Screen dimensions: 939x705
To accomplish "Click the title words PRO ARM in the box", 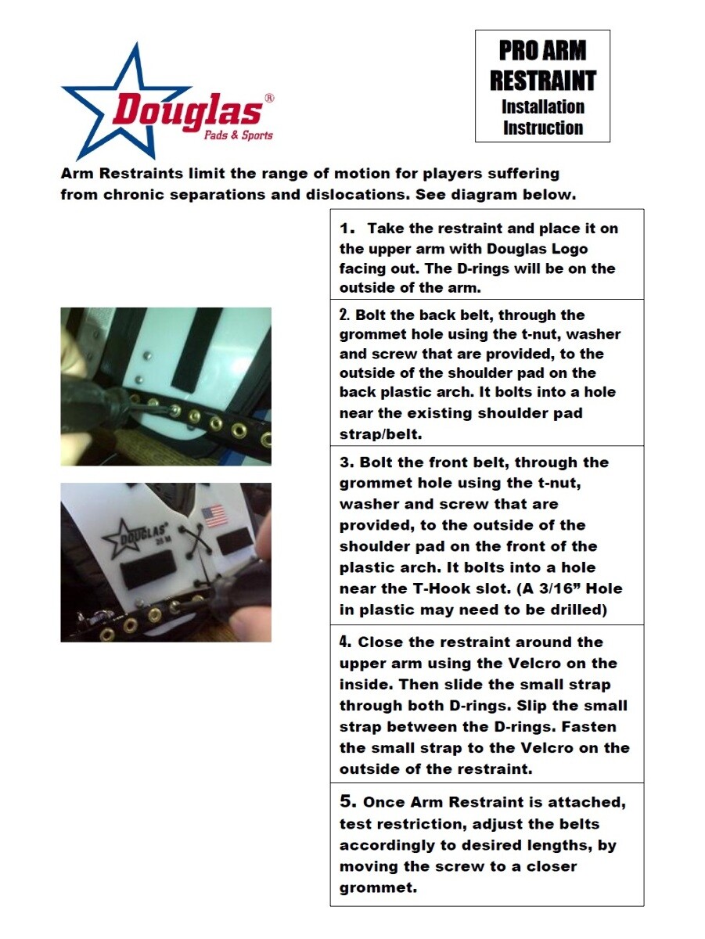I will pos(542,51).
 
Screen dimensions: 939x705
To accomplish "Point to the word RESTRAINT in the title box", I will pos(542,80).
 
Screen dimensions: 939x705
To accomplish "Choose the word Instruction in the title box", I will pos(543,128).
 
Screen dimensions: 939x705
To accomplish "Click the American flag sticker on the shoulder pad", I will pos(214,516).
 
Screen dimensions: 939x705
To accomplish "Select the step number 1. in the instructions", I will pos(347,228).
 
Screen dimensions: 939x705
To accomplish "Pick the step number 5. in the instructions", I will pos(348,802).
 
